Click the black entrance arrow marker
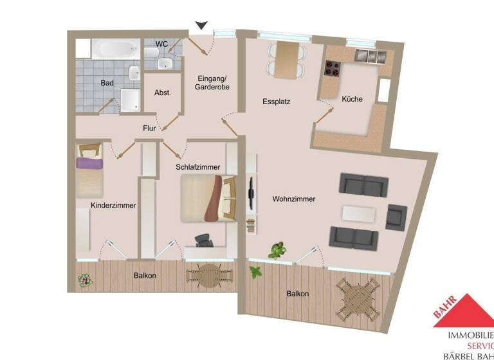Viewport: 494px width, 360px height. click(202, 25)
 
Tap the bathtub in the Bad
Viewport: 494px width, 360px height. click(114, 49)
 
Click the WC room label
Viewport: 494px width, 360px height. click(162, 44)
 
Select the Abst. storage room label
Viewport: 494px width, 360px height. click(163, 93)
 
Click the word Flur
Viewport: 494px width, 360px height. click(149, 128)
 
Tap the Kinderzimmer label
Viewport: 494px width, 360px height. click(113, 206)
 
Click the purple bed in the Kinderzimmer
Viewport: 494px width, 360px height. click(89, 172)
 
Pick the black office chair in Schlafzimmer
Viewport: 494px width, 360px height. click(205, 240)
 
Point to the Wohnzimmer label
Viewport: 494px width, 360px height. click(293, 199)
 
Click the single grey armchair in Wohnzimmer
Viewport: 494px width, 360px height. click(396, 217)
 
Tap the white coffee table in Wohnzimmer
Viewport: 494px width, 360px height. click(359, 213)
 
